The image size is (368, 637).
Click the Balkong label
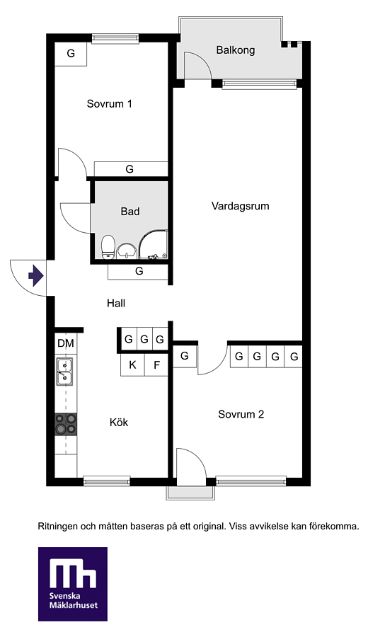[x=235, y=50]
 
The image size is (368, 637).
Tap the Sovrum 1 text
[x=109, y=103]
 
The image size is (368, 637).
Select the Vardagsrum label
[x=240, y=206]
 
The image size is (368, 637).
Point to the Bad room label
[x=130, y=211]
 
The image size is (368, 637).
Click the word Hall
[x=116, y=303]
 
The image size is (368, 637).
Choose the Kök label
[x=119, y=422]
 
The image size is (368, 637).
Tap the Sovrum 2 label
[x=241, y=414]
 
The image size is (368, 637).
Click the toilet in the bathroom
[x=108, y=246]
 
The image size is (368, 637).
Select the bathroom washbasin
[x=127, y=251]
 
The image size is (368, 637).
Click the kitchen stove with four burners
[x=66, y=424]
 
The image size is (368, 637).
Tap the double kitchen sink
[x=64, y=372]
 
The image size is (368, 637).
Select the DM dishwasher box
[x=65, y=344]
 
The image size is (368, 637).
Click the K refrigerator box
[x=132, y=365]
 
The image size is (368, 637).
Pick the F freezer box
[x=156, y=365]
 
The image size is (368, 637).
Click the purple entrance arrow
[x=36, y=276]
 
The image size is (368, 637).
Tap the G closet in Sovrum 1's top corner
[x=71, y=53]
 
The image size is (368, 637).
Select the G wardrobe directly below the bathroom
[x=138, y=271]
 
